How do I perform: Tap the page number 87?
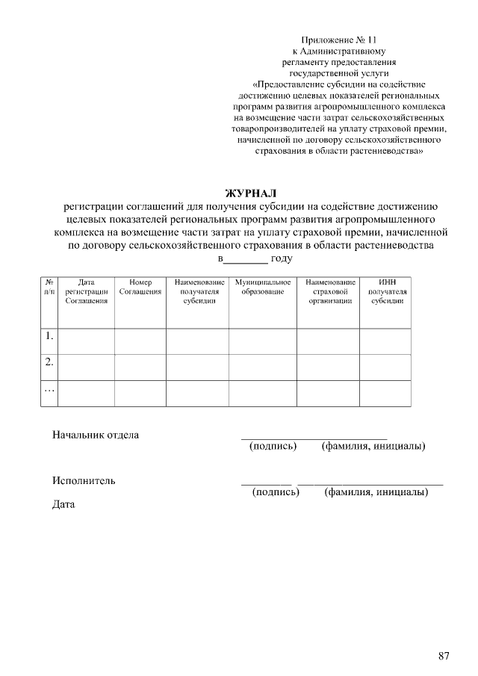(x=444, y=656)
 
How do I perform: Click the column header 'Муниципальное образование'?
(x=262, y=287)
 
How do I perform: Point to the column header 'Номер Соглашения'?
(x=140, y=287)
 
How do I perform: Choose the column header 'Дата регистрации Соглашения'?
(x=86, y=291)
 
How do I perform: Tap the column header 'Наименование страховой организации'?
(x=330, y=291)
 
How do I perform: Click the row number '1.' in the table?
(x=49, y=336)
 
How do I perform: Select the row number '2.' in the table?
(x=49, y=362)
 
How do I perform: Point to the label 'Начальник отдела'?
(x=96, y=435)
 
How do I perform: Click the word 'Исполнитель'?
(x=84, y=480)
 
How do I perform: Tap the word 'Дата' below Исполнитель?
(x=64, y=505)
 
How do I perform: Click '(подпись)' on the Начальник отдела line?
(x=273, y=447)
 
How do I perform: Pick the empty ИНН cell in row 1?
(x=386, y=340)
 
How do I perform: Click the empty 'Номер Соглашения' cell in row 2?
(x=140, y=367)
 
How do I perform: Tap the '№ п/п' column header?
(x=49, y=287)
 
